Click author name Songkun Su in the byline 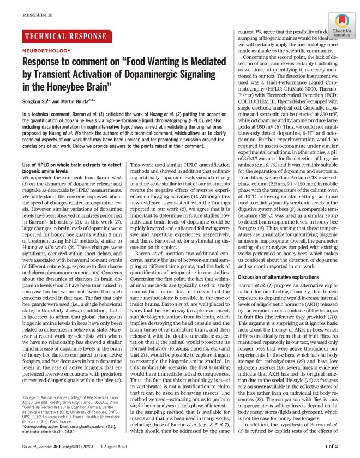coord(37,102)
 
